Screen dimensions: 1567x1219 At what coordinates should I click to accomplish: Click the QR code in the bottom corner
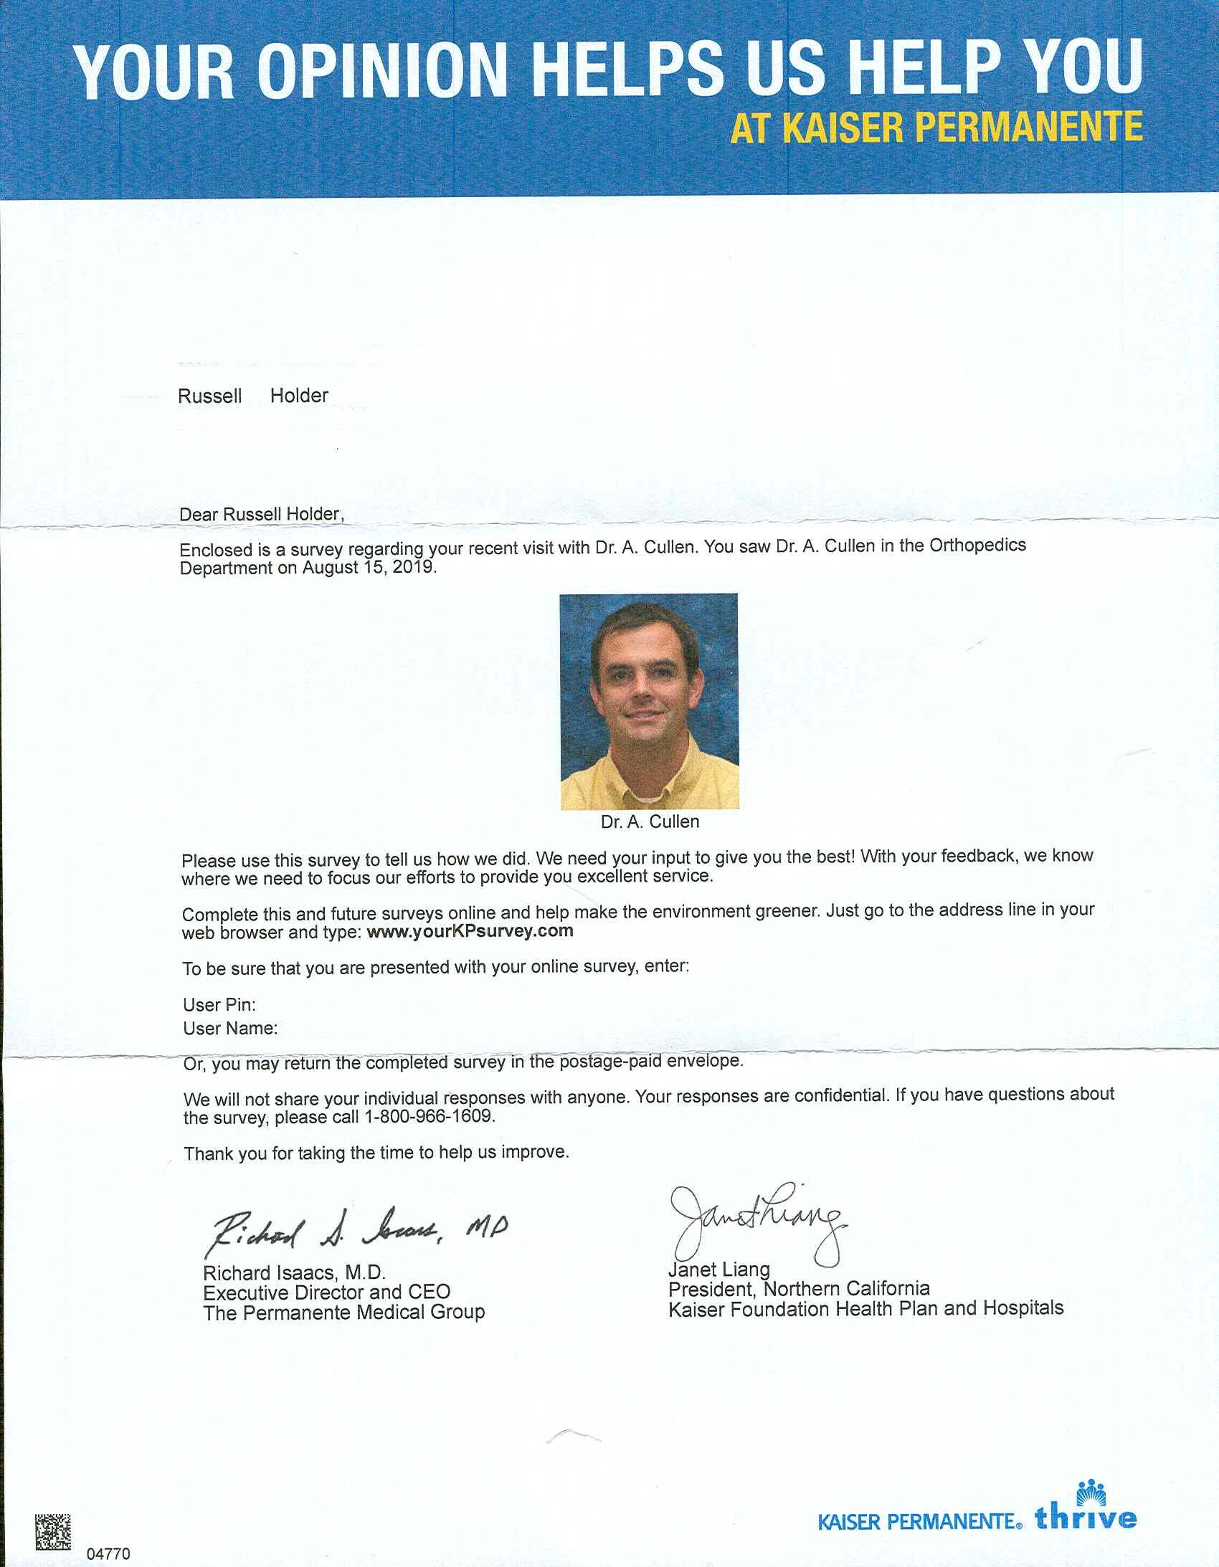[x=53, y=1531]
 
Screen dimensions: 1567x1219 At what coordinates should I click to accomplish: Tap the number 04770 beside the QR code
[x=108, y=1554]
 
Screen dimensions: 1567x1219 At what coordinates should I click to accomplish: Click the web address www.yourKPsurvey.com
[x=470, y=932]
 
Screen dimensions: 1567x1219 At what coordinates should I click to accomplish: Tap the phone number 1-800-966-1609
[x=429, y=1117]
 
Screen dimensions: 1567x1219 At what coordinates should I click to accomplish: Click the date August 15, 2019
[x=369, y=568]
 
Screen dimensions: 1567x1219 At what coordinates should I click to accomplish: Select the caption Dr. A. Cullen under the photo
[x=650, y=822]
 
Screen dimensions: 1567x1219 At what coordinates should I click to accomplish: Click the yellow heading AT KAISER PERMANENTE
[x=936, y=128]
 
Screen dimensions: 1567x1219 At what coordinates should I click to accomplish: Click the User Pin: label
[x=219, y=1005]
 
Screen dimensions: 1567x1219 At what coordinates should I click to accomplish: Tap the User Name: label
[x=229, y=1029]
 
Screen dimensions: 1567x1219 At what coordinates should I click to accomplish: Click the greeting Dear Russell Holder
[x=261, y=515]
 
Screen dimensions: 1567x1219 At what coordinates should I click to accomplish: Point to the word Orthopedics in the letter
[x=977, y=546]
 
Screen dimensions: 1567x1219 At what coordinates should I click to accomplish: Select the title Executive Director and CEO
[x=327, y=1293]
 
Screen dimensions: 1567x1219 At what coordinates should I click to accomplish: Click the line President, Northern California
[x=798, y=1290]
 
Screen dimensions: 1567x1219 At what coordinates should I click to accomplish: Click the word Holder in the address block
[x=298, y=396]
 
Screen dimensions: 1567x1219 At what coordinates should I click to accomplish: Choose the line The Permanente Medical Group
[x=344, y=1313]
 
